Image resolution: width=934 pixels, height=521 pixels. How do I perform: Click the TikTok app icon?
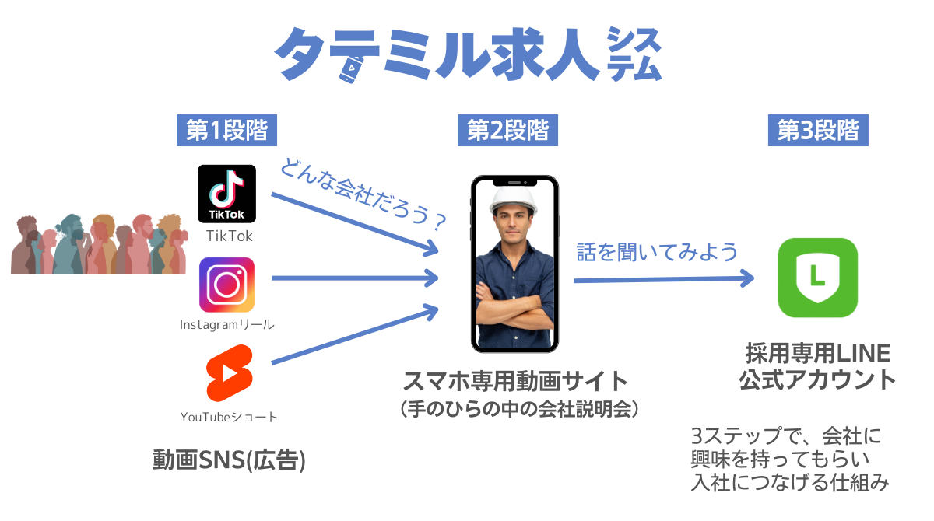tap(226, 194)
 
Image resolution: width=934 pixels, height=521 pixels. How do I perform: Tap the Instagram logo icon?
tap(226, 285)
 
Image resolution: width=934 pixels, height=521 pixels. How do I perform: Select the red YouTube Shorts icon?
tap(226, 376)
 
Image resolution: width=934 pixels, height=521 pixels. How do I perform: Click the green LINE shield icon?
tap(817, 278)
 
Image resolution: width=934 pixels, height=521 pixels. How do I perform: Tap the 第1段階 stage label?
tap(226, 131)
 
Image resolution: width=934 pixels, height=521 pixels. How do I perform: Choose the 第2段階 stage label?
tap(507, 131)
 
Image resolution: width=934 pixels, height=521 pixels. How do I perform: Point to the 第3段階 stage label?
tap(818, 131)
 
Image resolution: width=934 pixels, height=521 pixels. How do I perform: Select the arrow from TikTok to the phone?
tap(354, 223)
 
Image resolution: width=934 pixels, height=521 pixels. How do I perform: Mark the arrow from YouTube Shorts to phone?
tap(354, 334)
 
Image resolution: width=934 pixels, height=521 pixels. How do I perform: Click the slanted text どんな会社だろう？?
tap(363, 194)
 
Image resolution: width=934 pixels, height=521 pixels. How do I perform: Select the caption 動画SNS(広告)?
tap(229, 460)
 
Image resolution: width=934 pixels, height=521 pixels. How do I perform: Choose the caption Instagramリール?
tap(227, 324)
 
